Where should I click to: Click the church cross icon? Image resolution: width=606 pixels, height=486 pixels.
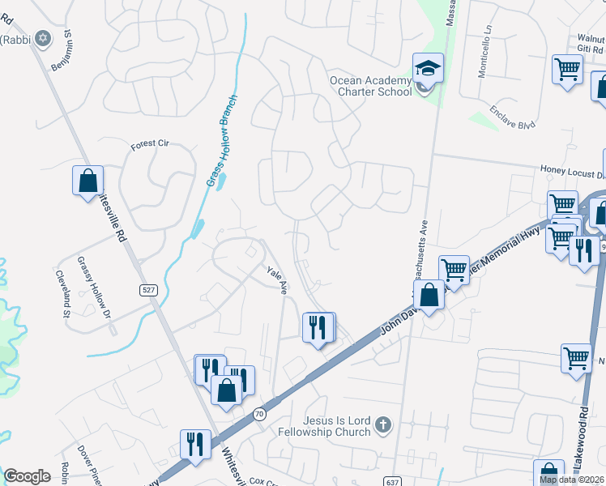point(384,424)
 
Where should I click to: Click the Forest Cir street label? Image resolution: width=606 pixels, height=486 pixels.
point(150,144)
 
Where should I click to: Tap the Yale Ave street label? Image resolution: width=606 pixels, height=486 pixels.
point(278,280)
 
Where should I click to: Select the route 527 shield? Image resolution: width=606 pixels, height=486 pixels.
point(147,291)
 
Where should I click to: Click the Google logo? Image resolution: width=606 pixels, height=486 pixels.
point(27,476)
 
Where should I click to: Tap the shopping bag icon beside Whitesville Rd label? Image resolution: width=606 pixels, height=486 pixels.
point(87,180)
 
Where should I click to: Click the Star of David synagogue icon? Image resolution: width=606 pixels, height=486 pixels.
point(42,38)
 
